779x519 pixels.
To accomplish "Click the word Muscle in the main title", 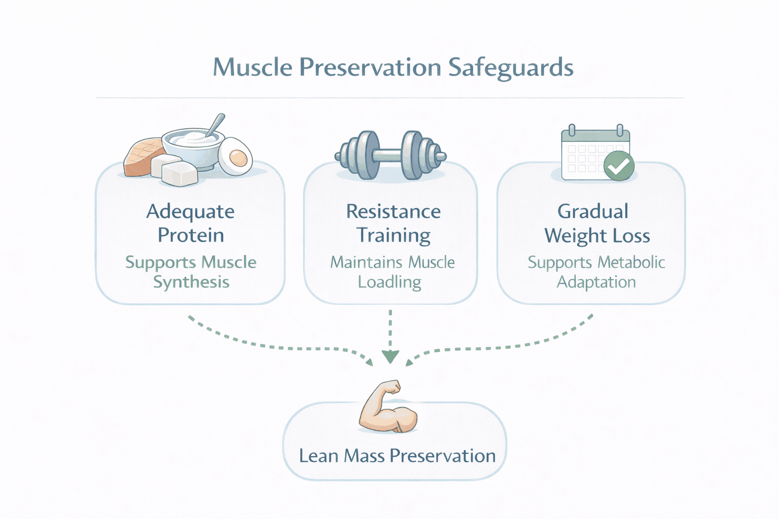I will pos(252,68).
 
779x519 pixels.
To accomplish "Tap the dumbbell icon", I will pos(390,156).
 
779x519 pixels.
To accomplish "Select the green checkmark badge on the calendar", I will pos(619,166).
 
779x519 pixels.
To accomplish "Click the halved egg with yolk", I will pos(236,156).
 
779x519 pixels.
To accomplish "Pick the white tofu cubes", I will pos(175,170).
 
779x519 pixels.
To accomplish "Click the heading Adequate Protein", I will pos(190,223).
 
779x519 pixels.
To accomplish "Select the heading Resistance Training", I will pos(393,223).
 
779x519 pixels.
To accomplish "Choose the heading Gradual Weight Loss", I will pos(596,223).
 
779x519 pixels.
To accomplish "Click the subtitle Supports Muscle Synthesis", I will pos(191,272).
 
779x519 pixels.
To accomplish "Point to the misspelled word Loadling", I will pos(389,282).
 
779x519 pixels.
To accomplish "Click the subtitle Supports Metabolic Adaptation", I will pos(596,272).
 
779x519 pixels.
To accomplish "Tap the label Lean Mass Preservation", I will pos(397,456).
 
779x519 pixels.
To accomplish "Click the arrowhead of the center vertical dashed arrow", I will pos(390,357).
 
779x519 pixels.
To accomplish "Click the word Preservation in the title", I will pos(370,68).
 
